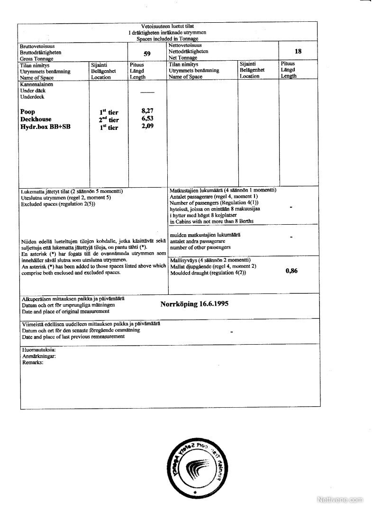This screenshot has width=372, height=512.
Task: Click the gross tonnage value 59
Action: coord(147,54)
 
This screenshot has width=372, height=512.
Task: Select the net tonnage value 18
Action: coord(298,51)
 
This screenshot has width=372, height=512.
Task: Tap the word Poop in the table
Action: coord(27,112)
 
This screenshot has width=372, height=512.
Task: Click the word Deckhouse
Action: coord(36,119)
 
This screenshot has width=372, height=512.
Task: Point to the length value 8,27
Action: coord(148,111)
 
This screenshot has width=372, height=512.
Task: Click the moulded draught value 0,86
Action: coord(291,271)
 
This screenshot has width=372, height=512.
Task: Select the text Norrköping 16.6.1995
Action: coord(194,304)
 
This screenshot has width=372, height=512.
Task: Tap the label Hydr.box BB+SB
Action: coord(42,127)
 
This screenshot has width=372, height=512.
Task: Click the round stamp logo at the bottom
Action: coord(195,467)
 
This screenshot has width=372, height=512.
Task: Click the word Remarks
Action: coord(33,362)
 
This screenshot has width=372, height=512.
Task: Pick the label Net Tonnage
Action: coord(183,57)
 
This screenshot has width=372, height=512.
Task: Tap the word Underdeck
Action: coord(31,97)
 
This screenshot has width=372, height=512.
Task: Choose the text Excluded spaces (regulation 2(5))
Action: coord(58,204)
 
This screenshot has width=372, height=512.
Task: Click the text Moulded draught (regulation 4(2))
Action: coord(208,273)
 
